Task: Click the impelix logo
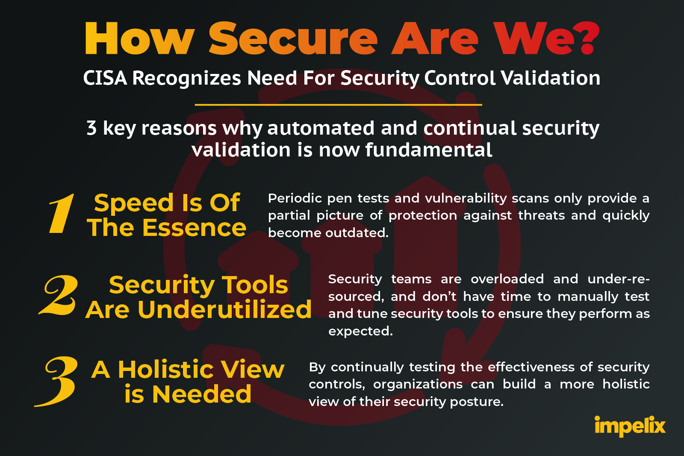630,426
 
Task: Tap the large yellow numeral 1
62,213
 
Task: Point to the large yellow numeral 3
56,381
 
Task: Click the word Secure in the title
293,38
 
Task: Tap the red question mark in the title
588,38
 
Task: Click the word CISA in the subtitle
105,78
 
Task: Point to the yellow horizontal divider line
338,105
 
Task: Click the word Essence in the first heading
194,228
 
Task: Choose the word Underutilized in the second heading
224,309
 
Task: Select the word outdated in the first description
357,233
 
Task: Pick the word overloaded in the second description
507,279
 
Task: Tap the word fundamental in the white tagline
429,150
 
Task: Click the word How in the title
139,38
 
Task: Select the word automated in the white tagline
321,128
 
